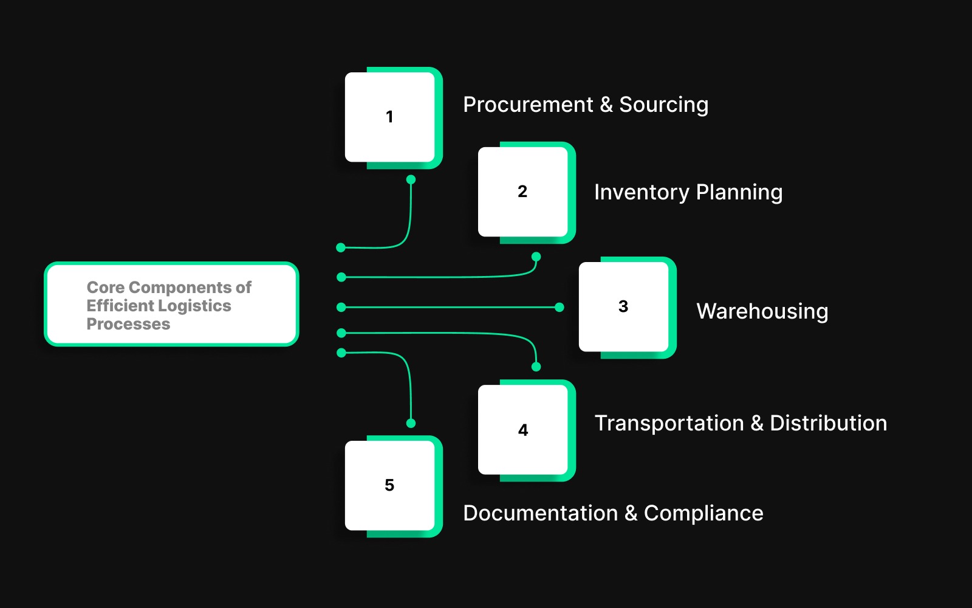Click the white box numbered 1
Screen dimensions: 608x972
pos(390,117)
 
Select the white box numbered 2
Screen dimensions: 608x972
pos(523,192)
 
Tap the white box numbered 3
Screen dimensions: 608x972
pos(624,306)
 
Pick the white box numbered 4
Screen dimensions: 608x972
pos(523,430)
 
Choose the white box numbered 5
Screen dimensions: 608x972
pos(390,485)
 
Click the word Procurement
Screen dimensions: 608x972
pos(527,105)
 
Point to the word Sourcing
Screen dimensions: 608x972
pos(663,105)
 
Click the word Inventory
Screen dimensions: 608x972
pos(641,192)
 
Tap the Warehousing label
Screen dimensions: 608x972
pos(762,311)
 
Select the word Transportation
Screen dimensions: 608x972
pos(669,423)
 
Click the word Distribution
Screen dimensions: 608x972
pos(828,423)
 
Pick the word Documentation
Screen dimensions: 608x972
pos(540,513)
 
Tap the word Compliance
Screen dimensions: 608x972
pos(703,513)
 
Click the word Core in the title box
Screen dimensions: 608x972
pos(105,287)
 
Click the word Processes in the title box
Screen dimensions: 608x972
pos(128,323)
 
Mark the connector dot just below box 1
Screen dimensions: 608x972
pos(411,179)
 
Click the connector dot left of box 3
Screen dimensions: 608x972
pos(560,308)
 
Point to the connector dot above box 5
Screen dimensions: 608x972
pos(411,423)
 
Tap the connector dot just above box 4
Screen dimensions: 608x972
pos(536,367)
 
